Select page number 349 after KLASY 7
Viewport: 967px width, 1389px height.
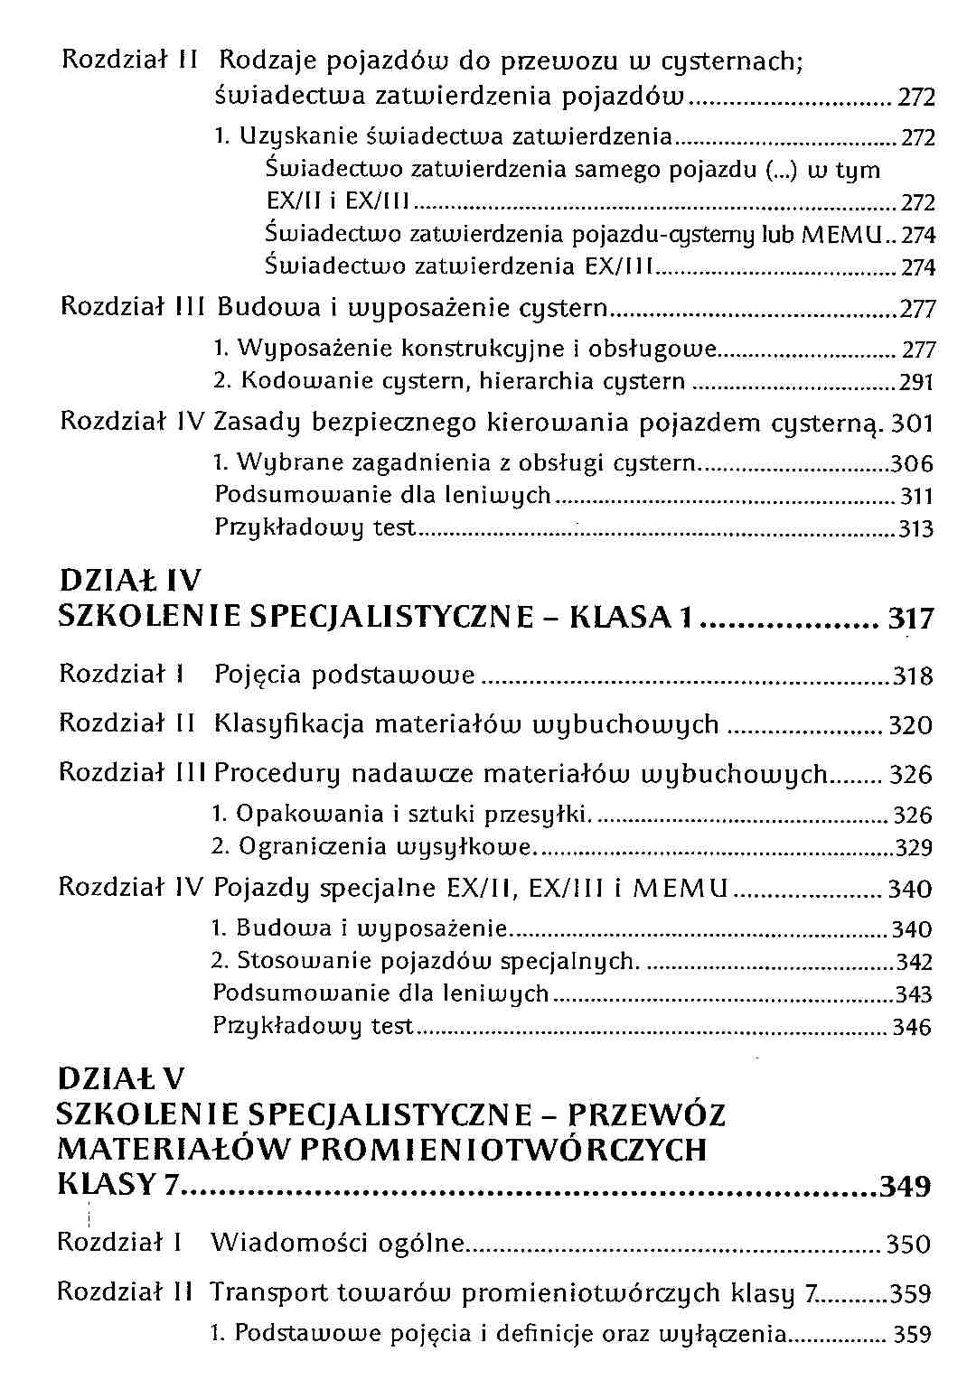click(x=905, y=1185)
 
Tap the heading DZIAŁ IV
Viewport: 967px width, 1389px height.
click(x=130, y=580)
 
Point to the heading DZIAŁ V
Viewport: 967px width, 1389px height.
click(x=120, y=1078)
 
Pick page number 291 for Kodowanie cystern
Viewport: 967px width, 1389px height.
click(x=915, y=383)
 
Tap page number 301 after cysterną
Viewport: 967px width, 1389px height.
click(x=912, y=424)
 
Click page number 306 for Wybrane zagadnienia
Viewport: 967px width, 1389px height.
click(x=912, y=465)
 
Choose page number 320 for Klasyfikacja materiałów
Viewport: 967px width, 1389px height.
click(x=910, y=726)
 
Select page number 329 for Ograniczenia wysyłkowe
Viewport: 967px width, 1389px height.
click(x=913, y=848)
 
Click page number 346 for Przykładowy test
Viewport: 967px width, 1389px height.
click(x=911, y=1028)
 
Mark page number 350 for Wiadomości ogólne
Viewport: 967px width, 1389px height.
click(x=908, y=1245)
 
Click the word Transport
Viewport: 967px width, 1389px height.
click(x=269, y=1292)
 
